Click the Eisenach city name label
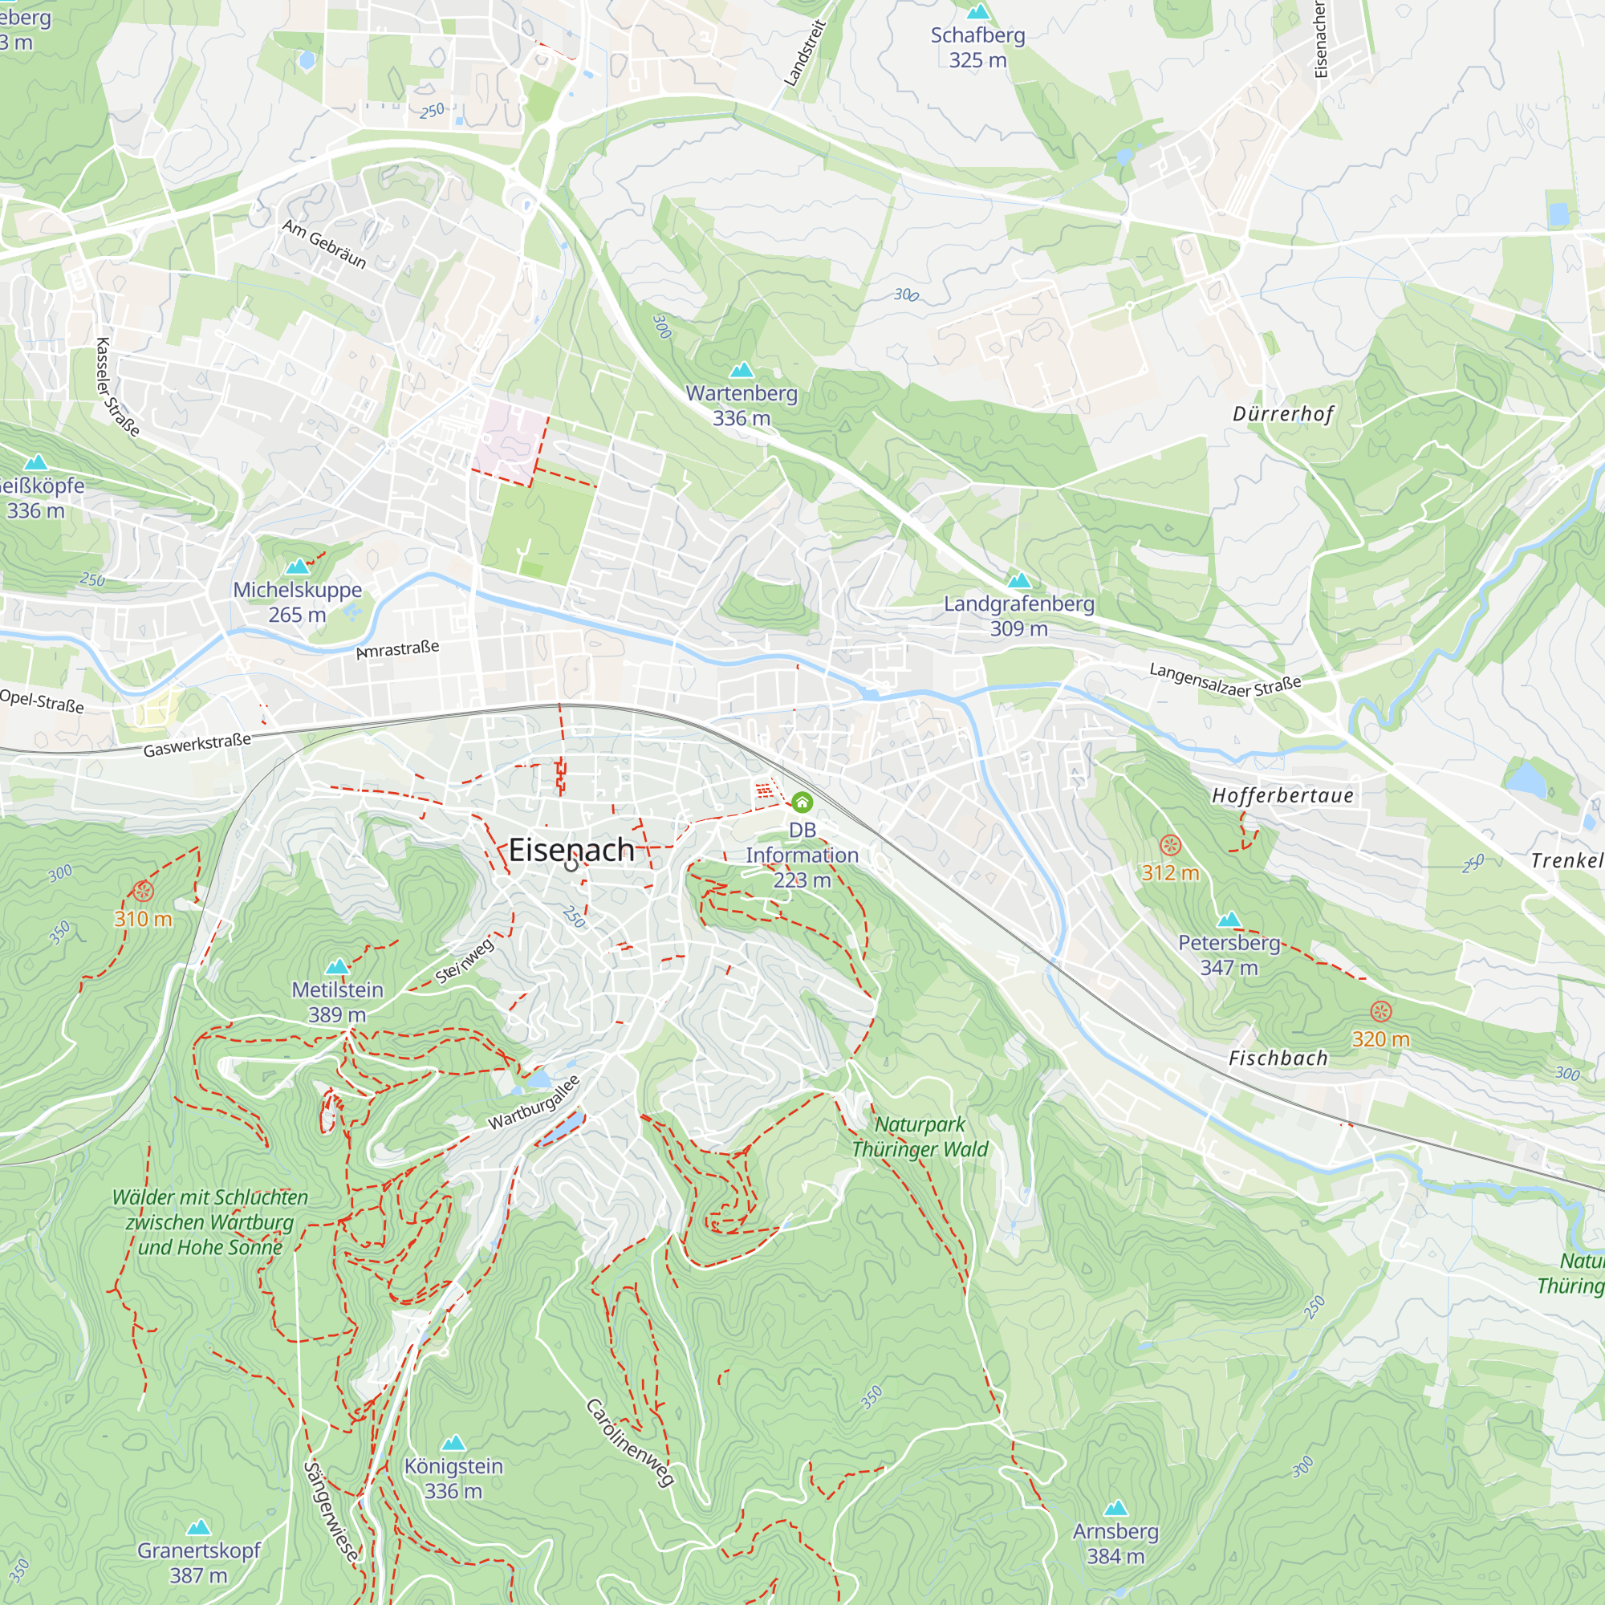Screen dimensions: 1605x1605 [x=571, y=849]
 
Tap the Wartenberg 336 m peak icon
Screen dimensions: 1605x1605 [x=741, y=370]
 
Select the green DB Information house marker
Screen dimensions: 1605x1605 [x=802, y=802]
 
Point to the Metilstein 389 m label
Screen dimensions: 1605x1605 [x=337, y=1001]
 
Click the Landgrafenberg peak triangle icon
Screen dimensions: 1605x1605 [x=1018, y=580]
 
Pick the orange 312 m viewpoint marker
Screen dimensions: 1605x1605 [x=1170, y=846]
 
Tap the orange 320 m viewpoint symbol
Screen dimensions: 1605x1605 [x=1379, y=1011]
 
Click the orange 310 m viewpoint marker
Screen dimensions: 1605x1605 [x=143, y=892]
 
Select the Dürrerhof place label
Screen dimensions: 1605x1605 [x=1282, y=414]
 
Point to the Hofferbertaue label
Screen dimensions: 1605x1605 [x=1282, y=795]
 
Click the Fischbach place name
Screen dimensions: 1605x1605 [x=1278, y=1058]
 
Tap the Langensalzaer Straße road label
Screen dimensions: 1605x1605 [x=1225, y=680]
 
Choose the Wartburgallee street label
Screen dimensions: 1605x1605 [x=534, y=1103]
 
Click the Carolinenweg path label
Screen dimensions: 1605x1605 [x=630, y=1441]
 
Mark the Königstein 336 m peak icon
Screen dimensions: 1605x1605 [x=453, y=1442]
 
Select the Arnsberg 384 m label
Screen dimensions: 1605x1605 [x=1115, y=1542]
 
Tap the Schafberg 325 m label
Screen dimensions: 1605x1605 [x=977, y=47]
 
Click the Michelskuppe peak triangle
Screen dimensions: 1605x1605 [x=297, y=567]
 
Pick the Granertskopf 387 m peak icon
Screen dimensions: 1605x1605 [x=197, y=1527]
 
